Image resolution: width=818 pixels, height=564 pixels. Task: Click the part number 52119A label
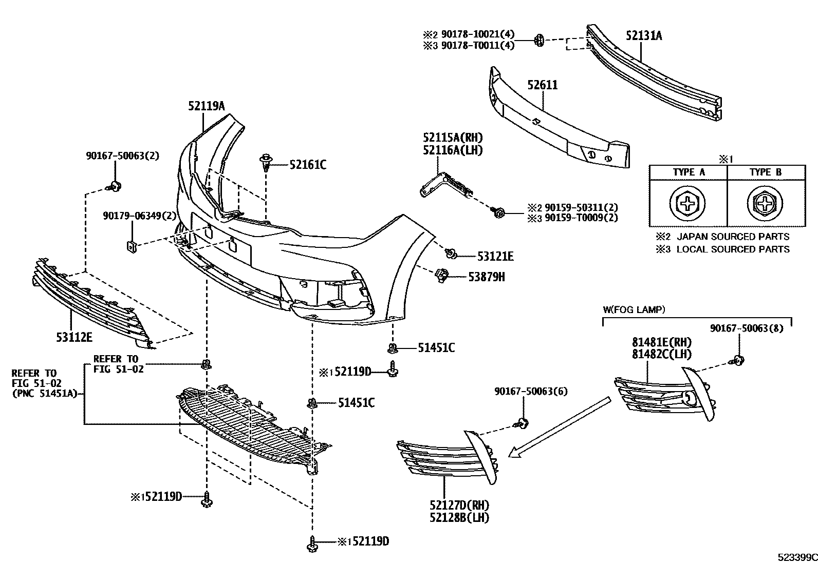pyautogui.click(x=207, y=106)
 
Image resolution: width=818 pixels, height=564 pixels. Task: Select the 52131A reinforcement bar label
pyautogui.click(x=644, y=36)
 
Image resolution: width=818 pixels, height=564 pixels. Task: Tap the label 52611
pyautogui.click(x=542, y=85)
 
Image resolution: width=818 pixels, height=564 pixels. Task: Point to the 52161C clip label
pyautogui.click(x=308, y=165)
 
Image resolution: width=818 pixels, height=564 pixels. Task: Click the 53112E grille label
pyautogui.click(x=74, y=338)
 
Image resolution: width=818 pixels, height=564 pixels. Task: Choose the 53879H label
pyautogui.click(x=487, y=277)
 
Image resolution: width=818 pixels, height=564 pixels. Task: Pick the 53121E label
pyautogui.click(x=495, y=257)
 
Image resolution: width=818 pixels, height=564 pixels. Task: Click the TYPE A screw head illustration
pyautogui.click(x=687, y=204)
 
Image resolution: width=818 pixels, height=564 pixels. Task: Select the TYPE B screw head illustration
pyautogui.click(x=765, y=204)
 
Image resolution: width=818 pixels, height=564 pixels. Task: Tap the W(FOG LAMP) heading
pyautogui.click(x=634, y=310)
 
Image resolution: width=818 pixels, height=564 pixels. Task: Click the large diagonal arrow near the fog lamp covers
pyautogui.click(x=560, y=427)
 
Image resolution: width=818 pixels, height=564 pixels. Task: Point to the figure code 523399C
pyautogui.click(x=797, y=557)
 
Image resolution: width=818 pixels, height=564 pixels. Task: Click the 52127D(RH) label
pyautogui.click(x=459, y=505)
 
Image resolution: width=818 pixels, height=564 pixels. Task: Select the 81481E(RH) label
pyautogui.click(x=662, y=342)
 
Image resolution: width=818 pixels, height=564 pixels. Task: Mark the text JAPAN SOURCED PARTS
pyautogui.click(x=733, y=237)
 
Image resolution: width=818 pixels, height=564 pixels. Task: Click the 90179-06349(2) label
pyautogui.click(x=139, y=216)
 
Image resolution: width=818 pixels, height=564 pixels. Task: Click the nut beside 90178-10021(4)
pyautogui.click(x=538, y=40)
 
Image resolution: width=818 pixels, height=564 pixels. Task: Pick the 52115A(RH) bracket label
pyautogui.click(x=453, y=138)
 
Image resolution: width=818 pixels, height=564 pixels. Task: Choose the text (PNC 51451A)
pyautogui.click(x=44, y=393)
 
